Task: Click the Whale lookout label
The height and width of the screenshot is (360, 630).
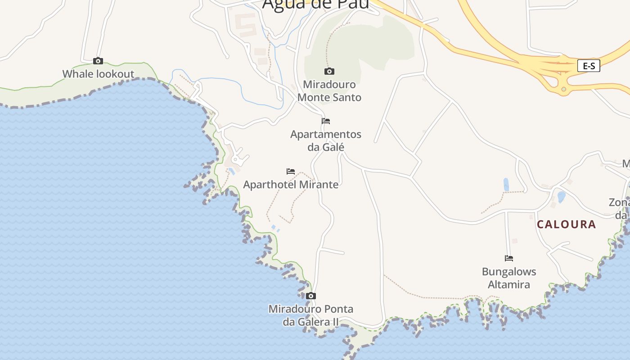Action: [98, 74]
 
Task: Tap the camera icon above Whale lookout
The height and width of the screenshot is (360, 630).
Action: [98, 61]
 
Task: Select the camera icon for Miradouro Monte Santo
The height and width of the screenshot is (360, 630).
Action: [329, 71]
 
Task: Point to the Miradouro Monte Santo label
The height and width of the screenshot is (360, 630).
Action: [329, 90]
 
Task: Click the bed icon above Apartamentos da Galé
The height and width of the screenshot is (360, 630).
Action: [326, 121]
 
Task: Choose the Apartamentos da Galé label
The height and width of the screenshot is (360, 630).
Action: [326, 140]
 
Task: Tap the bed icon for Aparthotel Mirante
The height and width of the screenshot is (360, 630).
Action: [291, 171]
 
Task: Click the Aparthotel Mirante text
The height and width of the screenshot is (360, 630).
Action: [291, 184]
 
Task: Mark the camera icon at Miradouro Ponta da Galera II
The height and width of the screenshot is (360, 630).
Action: [310, 296]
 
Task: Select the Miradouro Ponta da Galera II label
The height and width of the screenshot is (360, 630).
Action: [310, 315]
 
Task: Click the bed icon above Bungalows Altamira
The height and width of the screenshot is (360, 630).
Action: [509, 258]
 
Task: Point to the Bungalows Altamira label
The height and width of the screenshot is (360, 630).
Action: [509, 278]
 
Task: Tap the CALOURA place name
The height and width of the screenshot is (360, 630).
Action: [566, 224]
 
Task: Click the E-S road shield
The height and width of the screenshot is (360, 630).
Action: [589, 66]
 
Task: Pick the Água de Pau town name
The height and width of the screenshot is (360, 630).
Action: [315, 4]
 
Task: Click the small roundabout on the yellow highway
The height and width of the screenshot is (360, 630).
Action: [563, 89]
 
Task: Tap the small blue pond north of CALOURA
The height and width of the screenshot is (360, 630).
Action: [561, 197]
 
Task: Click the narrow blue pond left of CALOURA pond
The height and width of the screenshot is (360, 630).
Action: [506, 184]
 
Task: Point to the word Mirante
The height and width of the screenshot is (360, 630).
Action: [319, 184]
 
